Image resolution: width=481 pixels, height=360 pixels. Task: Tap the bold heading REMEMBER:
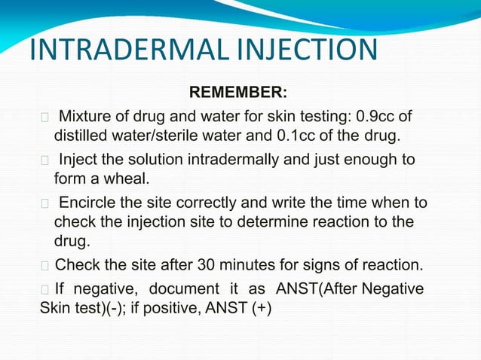click(237, 93)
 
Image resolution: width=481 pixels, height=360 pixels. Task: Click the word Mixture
click(86, 117)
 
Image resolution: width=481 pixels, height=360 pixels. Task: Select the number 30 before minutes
click(207, 266)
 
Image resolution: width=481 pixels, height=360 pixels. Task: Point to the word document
click(183, 290)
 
